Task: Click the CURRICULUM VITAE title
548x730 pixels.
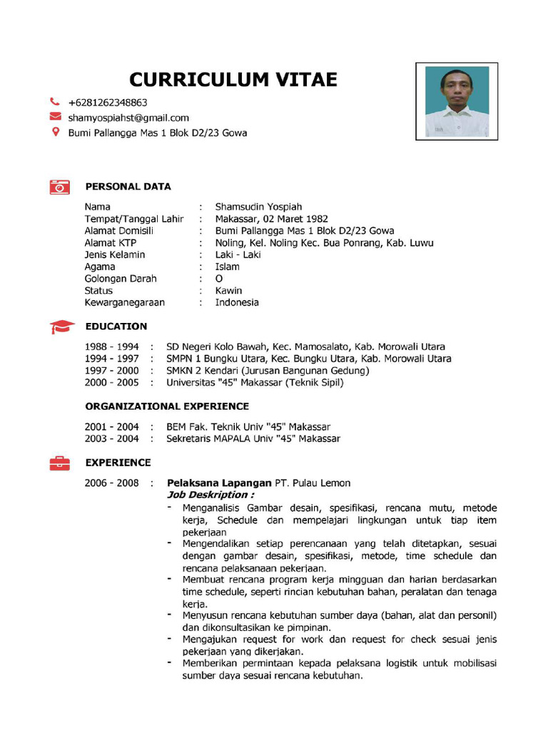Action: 233,79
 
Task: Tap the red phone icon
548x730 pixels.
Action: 55,102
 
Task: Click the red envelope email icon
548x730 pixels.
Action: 55,117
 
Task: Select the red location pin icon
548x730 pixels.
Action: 55,132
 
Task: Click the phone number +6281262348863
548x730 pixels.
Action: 108,103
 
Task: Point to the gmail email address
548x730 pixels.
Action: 128,118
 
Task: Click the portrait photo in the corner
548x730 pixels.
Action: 457,101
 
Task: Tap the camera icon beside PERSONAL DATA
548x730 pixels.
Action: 60,187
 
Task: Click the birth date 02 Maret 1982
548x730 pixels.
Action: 295,219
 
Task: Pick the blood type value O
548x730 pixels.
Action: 219,279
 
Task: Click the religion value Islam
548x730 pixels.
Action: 228,267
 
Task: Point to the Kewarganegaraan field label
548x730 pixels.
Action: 124,302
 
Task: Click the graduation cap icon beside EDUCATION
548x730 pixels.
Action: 61,327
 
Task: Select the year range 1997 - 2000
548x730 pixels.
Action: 111,371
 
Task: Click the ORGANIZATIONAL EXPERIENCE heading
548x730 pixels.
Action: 167,406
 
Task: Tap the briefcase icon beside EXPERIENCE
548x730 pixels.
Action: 60,463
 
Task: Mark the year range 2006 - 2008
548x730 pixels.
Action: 111,483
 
